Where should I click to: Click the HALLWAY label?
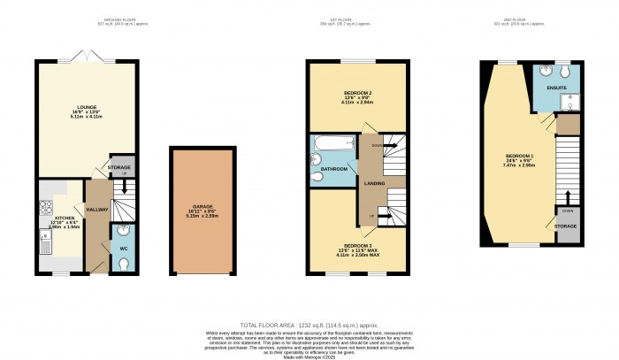click(x=96, y=210)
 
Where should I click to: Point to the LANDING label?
click(x=372, y=183)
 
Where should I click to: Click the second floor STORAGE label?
click(x=565, y=226)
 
